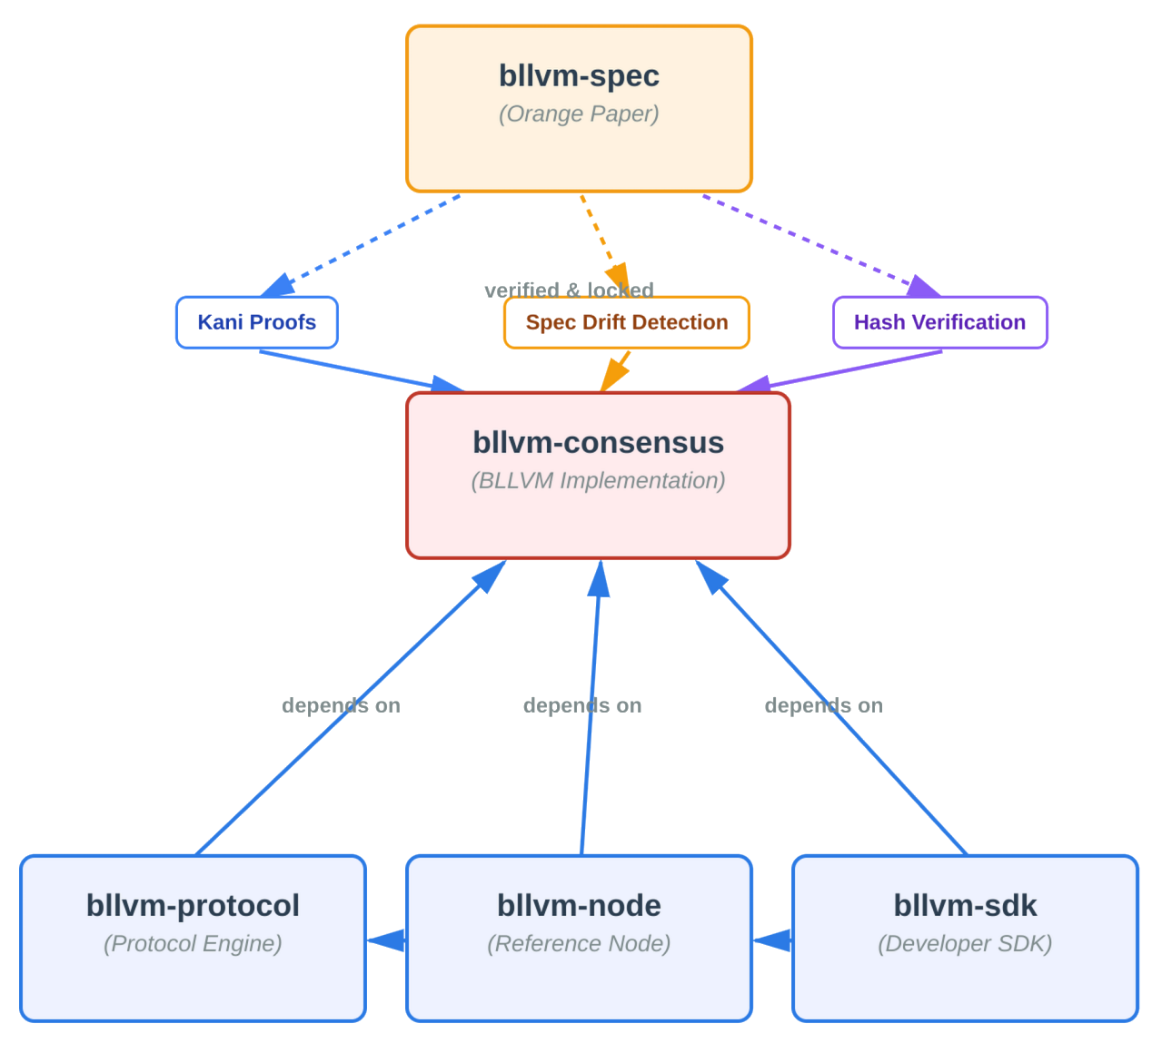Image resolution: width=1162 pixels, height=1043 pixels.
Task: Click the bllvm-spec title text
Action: (579, 75)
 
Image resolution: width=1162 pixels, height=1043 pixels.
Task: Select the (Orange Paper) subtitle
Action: (579, 114)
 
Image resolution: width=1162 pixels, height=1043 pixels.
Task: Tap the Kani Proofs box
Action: (256, 322)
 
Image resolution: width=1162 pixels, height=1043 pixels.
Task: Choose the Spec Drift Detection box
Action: (626, 322)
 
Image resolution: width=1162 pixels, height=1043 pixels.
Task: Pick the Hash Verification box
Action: (939, 322)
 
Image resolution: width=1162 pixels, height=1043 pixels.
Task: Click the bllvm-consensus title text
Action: (598, 442)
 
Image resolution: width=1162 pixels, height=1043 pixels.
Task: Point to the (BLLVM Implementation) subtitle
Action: (598, 481)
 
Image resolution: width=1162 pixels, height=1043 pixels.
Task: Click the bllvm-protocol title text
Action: (193, 905)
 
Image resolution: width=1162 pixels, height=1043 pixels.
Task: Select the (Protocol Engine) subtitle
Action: (193, 944)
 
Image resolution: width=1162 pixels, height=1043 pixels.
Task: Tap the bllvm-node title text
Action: (579, 905)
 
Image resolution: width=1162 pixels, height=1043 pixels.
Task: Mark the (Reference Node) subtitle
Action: (579, 944)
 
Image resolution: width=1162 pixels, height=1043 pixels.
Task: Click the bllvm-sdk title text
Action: (965, 905)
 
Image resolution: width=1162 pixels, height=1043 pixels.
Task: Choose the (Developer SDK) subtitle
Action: (965, 944)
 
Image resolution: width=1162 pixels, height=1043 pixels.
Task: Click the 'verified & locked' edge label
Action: (569, 290)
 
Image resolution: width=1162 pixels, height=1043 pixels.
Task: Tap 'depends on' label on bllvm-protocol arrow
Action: (341, 705)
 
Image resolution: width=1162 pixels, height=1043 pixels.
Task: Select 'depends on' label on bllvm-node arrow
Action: (582, 705)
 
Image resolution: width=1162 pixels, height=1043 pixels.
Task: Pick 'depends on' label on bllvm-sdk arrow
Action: (823, 705)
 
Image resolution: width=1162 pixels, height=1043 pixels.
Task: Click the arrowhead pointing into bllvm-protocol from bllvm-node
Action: (385, 940)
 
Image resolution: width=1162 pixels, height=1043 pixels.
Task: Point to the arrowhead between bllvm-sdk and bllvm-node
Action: (771, 940)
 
